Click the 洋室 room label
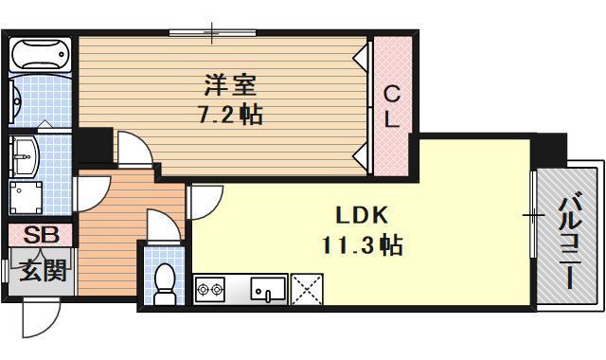tap(228, 86)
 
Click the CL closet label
tap(391, 106)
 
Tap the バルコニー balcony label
tap(568, 242)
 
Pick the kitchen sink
tap(267, 288)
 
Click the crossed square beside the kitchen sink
tap(307, 288)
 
